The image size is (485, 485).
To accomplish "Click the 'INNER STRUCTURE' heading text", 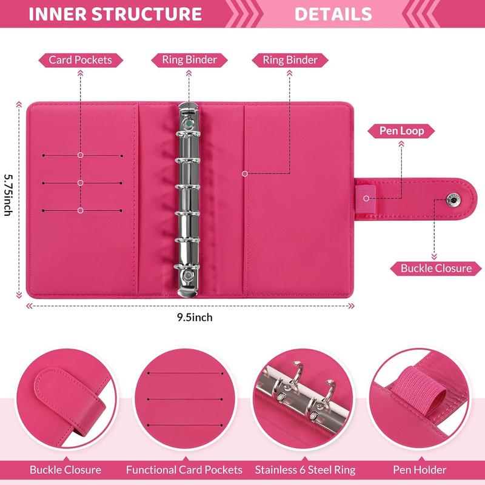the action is click(115, 14).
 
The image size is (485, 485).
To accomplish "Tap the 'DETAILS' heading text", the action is click(333, 14).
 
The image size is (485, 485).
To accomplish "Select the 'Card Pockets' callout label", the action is click(81, 60).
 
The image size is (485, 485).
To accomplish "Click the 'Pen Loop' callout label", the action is click(401, 131).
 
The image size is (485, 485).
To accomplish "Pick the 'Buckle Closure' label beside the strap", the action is click(436, 268).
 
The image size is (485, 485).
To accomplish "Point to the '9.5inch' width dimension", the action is click(195, 317).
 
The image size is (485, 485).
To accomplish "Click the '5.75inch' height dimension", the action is click(8, 195).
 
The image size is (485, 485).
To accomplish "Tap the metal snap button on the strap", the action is click(453, 200).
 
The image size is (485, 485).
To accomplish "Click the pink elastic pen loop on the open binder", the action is click(366, 198).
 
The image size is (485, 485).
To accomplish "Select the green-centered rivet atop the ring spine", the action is click(188, 124).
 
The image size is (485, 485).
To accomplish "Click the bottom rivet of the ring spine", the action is click(188, 275).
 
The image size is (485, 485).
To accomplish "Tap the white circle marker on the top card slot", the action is click(81, 155).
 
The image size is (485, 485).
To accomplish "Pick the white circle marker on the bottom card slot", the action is click(81, 210).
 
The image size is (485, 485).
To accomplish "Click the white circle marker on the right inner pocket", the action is click(245, 174).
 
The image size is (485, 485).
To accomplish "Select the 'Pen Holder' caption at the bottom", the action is click(420, 470).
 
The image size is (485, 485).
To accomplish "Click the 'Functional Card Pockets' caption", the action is click(184, 470).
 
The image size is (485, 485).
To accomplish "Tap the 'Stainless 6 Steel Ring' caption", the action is click(306, 470).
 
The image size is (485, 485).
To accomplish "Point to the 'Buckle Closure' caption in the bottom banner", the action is click(65, 470).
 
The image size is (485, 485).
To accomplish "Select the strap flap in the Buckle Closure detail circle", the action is click(68, 399).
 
